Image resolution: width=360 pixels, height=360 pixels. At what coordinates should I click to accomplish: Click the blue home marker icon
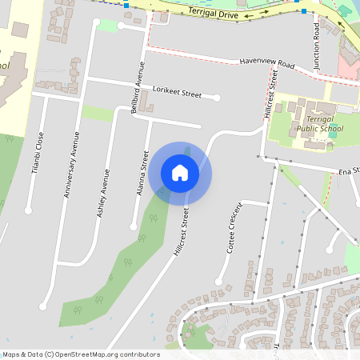pos(180,172)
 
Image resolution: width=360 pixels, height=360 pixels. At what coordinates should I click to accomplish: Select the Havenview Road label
pos(267,64)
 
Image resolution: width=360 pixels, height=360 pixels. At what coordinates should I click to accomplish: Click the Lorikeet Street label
pos(178,94)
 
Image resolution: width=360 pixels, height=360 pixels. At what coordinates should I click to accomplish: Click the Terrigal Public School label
pos(308,123)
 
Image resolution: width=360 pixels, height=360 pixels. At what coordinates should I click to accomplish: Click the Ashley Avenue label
pos(102,194)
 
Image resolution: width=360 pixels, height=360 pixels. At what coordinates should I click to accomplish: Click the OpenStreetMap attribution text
pos(80,354)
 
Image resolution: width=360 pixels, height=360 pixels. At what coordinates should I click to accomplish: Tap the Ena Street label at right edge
pos(348,170)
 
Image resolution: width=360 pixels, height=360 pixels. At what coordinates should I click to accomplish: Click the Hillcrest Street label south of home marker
pos(181,232)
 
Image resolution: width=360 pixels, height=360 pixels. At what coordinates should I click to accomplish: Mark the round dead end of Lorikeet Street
pos(218,98)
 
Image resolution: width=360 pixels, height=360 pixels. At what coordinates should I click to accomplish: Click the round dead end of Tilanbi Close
pos(28,211)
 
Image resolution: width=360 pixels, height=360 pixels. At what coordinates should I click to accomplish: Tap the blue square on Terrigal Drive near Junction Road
pos(303,11)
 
